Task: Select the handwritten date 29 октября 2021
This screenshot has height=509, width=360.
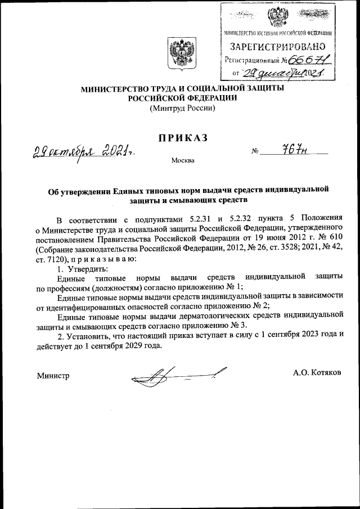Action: tap(82, 150)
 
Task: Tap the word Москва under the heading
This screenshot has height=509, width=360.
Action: tap(182, 161)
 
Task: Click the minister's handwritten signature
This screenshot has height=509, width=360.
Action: tap(177, 373)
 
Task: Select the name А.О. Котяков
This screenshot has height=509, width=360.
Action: tap(317, 373)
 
